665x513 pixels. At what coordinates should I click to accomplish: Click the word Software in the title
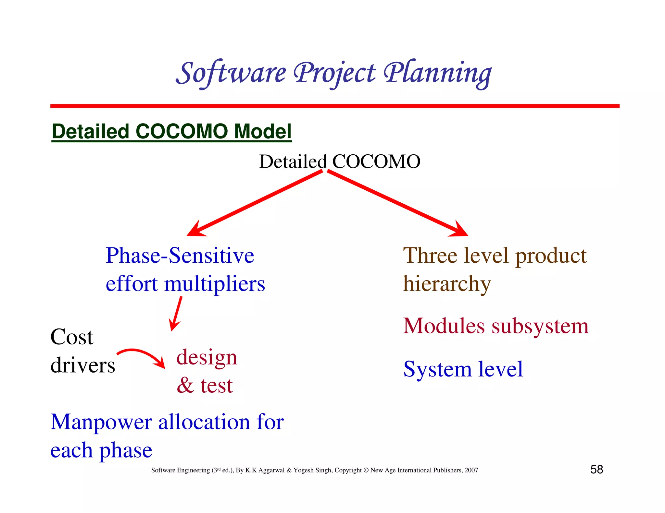point(231,73)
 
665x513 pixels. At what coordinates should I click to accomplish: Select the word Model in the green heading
point(262,132)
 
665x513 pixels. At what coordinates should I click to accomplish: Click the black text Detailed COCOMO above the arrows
point(340,161)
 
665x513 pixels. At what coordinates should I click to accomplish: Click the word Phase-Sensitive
point(180,256)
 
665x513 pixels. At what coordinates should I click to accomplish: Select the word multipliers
point(214,284)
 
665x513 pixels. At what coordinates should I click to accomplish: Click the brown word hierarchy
point(447,284)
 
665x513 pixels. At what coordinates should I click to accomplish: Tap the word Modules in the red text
point(444,326)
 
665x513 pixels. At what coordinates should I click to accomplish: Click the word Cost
point(72,337)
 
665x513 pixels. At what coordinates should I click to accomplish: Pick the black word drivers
point(83,365)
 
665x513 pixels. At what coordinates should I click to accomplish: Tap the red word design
point(207,358)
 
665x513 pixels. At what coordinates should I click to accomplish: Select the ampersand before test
point(185,386)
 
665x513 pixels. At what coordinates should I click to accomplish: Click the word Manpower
point(101,423)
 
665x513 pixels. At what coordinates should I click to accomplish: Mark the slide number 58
point(596,470)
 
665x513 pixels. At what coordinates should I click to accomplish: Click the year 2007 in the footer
point(471,470)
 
